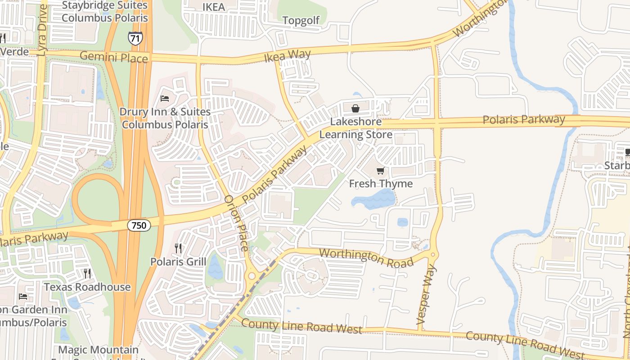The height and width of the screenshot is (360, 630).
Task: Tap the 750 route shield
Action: click(139, 225)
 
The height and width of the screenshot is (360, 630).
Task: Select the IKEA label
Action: click(213, 7)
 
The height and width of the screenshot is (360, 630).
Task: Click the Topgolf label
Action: click(301, 20)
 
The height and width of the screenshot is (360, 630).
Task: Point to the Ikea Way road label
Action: click(287, 56)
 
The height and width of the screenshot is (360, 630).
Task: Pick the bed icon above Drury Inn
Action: click(165, 98)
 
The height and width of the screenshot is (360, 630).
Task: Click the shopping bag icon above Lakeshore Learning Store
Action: click(355, 108)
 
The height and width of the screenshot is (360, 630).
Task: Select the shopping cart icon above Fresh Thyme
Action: click(381, 171)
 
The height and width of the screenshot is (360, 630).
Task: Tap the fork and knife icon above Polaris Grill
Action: click(178, 248)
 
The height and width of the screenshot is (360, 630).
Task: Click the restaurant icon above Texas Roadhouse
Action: click(87, 273)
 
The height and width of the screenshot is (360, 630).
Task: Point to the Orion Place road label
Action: click(236, 223)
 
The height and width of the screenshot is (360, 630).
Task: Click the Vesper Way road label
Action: click(426, 295)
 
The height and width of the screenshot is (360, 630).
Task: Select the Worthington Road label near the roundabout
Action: click(366, 256)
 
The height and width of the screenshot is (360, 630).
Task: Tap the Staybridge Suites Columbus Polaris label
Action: click(104, 12)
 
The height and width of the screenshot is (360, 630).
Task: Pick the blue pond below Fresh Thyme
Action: click(376, 199)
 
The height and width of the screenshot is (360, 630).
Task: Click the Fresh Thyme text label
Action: click(381, 184)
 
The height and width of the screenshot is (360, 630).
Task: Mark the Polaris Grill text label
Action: click(178, 261)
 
